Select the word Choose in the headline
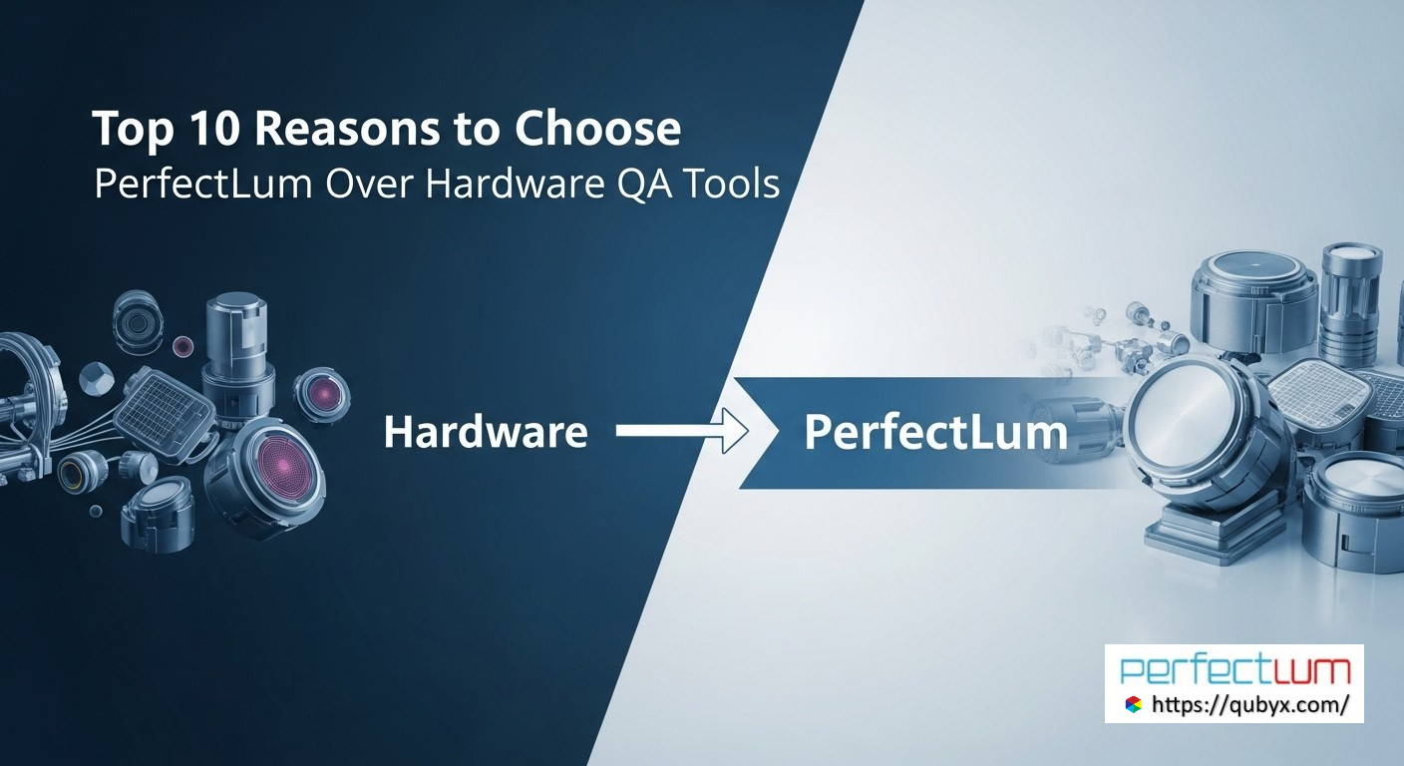597,128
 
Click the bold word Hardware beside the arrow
486,432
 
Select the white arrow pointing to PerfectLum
682,431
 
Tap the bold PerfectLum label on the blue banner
935,433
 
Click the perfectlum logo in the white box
1234,670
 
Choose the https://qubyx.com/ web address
1250,705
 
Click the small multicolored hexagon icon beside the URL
1133,704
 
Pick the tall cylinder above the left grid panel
237,356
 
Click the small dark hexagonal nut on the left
97,379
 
